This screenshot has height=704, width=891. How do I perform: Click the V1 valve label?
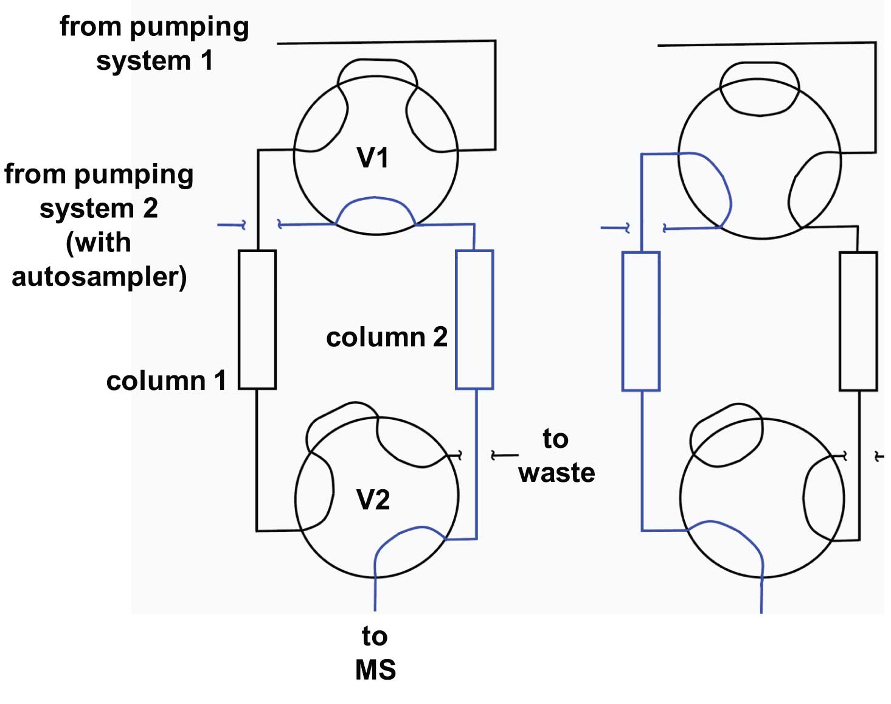[372, 158]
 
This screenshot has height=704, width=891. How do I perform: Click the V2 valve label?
[372, 500]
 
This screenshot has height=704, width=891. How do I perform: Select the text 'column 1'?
[166, 381]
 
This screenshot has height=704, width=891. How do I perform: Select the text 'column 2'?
[386, 337]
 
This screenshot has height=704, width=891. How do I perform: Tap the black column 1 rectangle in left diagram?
[257, 319]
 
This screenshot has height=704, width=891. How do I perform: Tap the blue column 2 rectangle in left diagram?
[474, 319]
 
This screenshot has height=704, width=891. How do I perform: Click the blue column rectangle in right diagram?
[641, 321]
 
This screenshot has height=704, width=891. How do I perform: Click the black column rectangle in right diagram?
[858, 321]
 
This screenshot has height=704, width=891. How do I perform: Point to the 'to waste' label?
[556, 455]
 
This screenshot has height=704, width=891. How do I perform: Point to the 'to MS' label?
[375, 653]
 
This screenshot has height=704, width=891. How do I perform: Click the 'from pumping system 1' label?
[154, 43]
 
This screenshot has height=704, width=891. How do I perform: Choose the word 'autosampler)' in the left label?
[99, 277]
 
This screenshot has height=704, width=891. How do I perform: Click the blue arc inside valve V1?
[375, 199]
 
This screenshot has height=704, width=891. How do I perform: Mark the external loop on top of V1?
[377, 61]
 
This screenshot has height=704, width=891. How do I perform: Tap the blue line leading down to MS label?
[375, 590]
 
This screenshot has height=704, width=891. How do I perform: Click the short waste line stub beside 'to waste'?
[505, 455]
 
